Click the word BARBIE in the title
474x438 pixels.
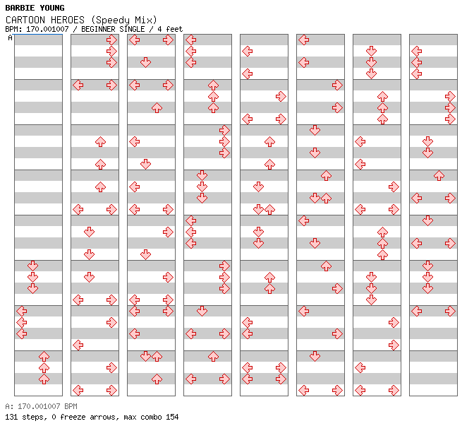(x=20, y=8)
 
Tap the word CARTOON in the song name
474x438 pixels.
(x=25, y=20)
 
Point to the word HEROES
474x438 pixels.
(x=68, y=20)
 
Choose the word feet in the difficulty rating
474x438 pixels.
(x=173, y=29)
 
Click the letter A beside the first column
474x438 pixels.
(x=10, y=38)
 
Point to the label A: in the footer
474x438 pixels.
(x=9, y=407)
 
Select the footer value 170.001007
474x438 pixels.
(x=37, y=407)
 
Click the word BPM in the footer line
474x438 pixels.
(x=68, y=407)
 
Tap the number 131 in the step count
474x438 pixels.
(x=11, y=417)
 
